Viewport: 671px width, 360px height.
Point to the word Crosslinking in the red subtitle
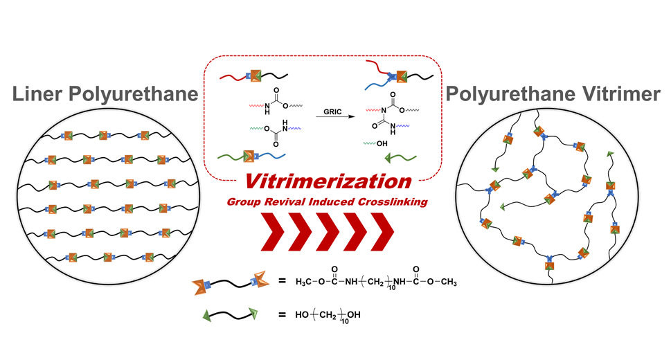click(x=400, y=201)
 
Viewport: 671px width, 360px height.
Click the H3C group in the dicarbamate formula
click(x=307, y=282)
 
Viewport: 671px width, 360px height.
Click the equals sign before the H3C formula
click(x=282, y=282)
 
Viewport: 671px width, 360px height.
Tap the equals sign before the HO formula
click(x=282, y=316)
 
